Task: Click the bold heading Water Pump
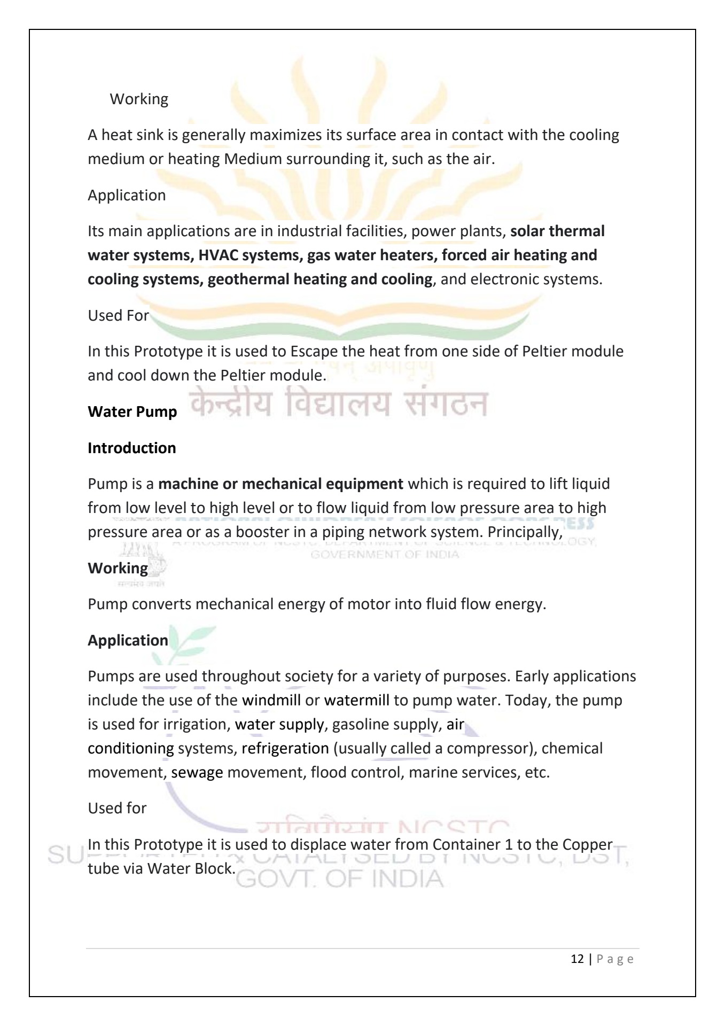click(x=132, y=412)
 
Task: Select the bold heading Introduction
click(x=131, y=448)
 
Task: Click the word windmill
click(x=271, y=700)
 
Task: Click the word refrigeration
click(x=285, y=748)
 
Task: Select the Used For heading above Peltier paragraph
click(x=118, y=316)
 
